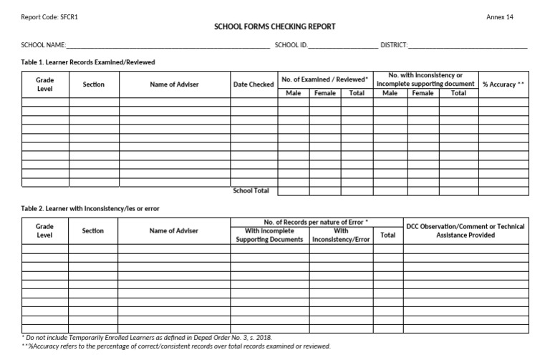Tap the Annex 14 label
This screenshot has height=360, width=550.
coord(500,17)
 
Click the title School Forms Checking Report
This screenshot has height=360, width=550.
coord(275,27)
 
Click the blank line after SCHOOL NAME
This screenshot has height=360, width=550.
coord(168,46)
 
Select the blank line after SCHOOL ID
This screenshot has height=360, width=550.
coord(342,46)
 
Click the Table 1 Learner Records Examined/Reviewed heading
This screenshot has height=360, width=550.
coord(88,62)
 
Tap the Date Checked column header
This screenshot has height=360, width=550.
coord(254,84)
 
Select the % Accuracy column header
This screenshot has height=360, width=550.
coord(503,84)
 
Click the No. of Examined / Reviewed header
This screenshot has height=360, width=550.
coord(324,79)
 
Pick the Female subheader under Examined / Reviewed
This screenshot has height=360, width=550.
coord(324,93)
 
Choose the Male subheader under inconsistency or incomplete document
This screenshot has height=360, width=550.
coord(390,93)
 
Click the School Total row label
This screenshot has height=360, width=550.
coord(251,190)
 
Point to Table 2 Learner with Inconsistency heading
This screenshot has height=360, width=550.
coord(90,208)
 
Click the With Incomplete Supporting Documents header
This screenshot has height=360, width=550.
coord(270,235)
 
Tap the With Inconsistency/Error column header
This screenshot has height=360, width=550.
coord(342,235)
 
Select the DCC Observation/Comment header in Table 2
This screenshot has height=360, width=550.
coord(465,230)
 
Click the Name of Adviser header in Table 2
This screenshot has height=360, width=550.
coord(174,230)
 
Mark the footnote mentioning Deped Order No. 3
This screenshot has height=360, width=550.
coord(147,337)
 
